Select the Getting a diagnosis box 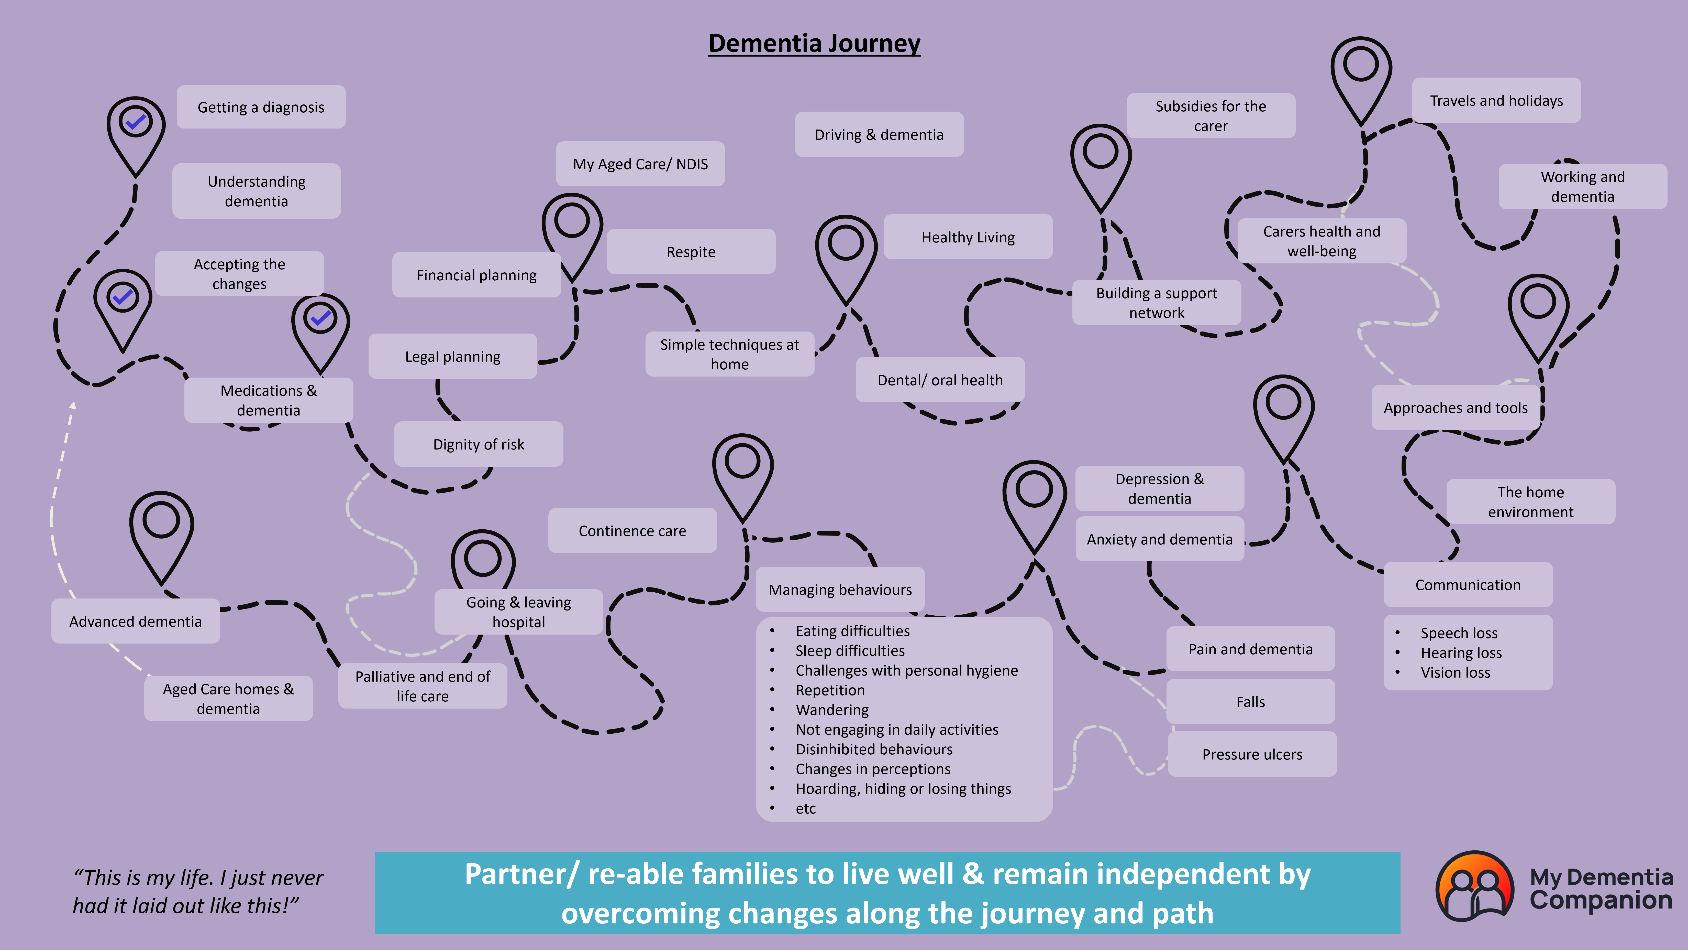(x=261, y=107)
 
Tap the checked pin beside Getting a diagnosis (x=136, y=123)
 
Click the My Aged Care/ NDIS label (x=640, y=164)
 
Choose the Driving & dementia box (x=879, y=134)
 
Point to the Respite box (x=691, y=252)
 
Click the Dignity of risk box (x=478, y=445)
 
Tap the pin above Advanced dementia (x=161, y=525)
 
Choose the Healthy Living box (x=968, y=237)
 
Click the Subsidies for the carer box (x=1210, y=116)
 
